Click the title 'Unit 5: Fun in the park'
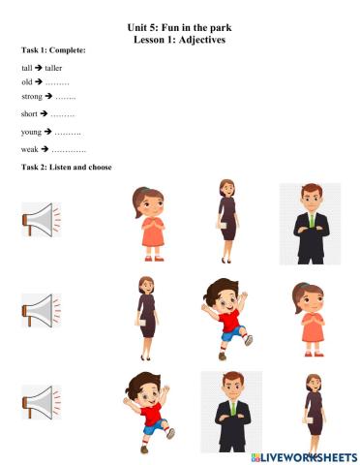point(179,30)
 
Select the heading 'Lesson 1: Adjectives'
point(179,40)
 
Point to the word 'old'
point(26,83)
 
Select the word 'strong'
point(31,97)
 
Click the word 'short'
point(29,114)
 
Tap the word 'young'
point(31,131)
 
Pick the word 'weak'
point(29,150)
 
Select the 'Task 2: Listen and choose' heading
point(66,168)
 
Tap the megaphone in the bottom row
point(41,401)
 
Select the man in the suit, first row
point(310,223)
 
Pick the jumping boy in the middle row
point(226,313)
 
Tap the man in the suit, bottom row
point(231,409)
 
